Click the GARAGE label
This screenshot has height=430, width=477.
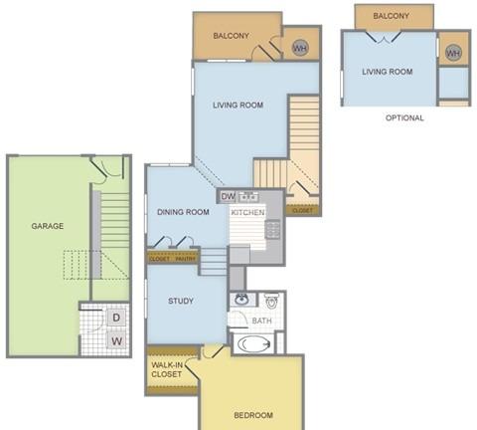48,226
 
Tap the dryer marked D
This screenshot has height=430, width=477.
116,318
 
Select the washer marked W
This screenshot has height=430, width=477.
116,340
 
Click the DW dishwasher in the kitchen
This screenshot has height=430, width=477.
228,196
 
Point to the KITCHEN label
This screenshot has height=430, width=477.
247,212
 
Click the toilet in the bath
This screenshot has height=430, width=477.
271,301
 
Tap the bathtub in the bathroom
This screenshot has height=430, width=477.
254,344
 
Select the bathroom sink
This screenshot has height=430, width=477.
242,299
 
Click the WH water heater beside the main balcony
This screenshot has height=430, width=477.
300,48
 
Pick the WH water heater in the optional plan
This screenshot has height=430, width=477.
453,53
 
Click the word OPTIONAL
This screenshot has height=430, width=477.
404,117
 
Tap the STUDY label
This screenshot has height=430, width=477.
181,301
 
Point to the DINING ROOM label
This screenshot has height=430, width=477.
183,212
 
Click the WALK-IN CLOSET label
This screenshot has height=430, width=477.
167,369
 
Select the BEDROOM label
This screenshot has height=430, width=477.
253,415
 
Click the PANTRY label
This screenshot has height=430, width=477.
186,259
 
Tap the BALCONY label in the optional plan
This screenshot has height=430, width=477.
391,16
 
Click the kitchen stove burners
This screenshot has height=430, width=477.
272,230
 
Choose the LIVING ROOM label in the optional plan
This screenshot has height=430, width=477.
388,72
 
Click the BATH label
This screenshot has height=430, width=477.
261,321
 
